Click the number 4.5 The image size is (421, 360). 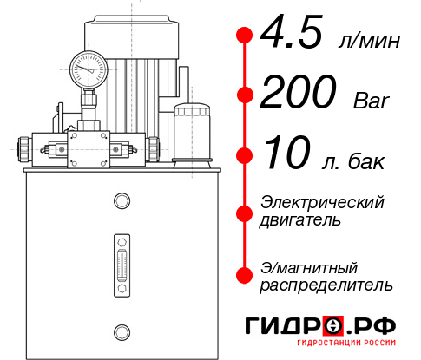tap(293, 35)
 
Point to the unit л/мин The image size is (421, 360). tap(374, 40)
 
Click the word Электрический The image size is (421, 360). tap(322, 202)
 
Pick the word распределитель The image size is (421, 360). tap(326, 285)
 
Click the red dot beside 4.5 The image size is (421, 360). tap(244, 35)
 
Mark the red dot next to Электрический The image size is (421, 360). tap(244, 213)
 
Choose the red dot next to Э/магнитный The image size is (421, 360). tap(244, 275)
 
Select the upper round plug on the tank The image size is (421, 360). tap(122, 201)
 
